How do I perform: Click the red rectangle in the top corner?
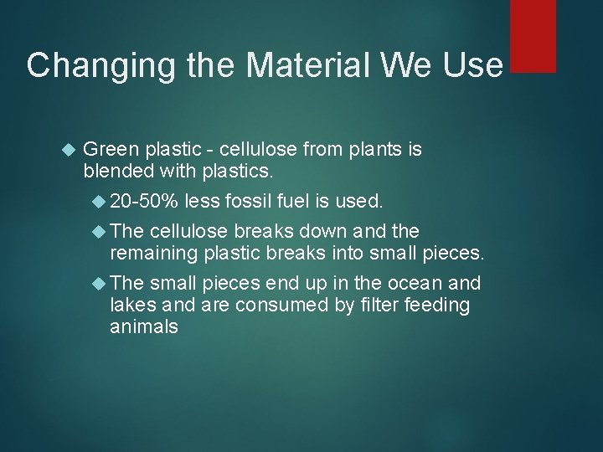point(533,35)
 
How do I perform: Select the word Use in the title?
point(472,65)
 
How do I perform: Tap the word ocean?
point(404,282)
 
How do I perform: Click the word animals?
point(143,326)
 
